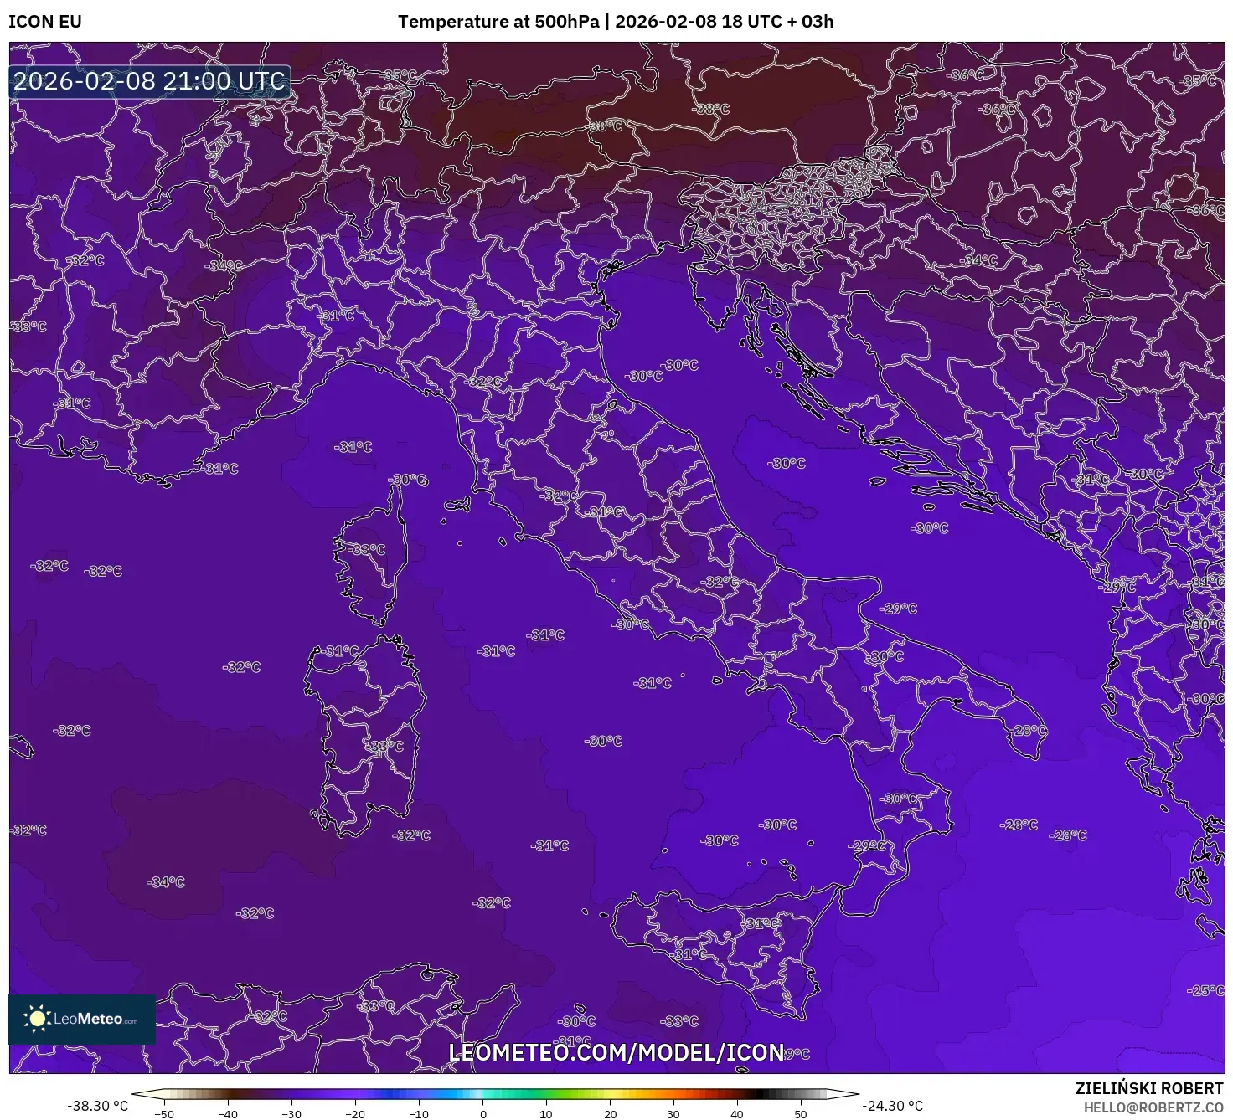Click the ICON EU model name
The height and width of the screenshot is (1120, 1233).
click(45, 22)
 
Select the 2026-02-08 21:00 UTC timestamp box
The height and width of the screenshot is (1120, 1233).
click(150, 82)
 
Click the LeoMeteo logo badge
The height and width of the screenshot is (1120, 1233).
click(82, 1019)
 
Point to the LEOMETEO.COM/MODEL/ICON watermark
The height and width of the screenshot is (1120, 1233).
click(616, 1052)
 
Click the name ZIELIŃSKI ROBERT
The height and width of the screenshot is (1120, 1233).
click(1149, 1088)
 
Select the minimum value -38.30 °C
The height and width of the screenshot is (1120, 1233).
click(98, 1106)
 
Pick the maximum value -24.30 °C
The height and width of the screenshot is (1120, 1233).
click(893, 1106)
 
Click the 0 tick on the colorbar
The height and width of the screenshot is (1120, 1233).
click(483, 1113)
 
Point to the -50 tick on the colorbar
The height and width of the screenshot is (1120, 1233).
click(164, 1113)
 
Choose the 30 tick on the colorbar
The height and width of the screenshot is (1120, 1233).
click(673, 1113)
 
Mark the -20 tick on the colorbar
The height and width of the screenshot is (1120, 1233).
click(355, 1113)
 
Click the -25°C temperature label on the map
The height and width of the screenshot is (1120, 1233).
click(1205, 990)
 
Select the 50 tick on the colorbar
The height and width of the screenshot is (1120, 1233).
click(801, 1113)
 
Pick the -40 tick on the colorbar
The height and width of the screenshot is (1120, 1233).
click(228, 1113)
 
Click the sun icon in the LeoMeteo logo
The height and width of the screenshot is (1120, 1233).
click(37, 1019)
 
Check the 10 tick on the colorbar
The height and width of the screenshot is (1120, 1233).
click(546, 1113)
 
